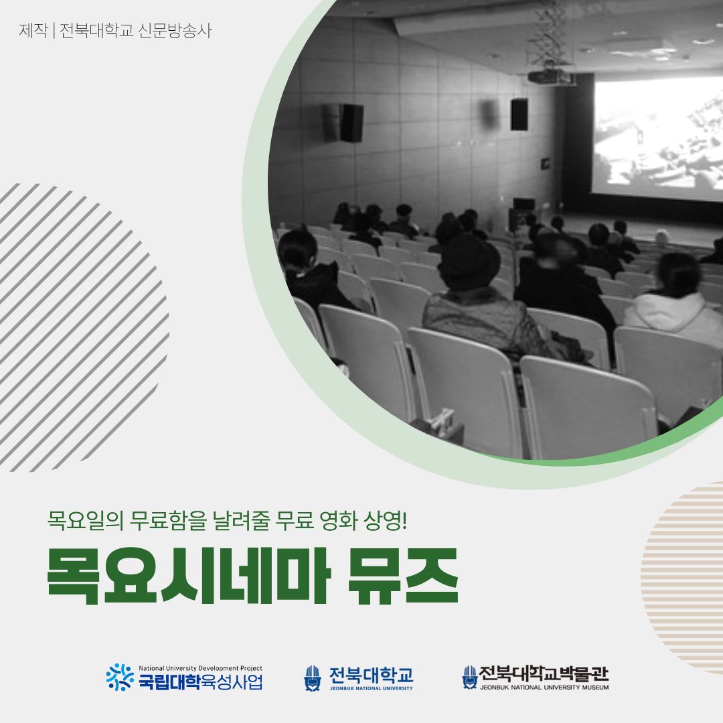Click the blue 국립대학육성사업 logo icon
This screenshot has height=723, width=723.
[x=120, y=677]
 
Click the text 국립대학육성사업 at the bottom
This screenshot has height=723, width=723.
[x=200, y=682]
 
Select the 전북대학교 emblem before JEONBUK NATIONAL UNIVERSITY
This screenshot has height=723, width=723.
[x=313, y=678]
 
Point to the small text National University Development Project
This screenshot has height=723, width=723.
[x=200, y=668]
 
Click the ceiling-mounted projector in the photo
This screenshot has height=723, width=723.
[x=551, y=76]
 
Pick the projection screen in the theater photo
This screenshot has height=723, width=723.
[x=656, y=137]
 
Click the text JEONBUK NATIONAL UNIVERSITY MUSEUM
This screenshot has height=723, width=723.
[x=544, y=688]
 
